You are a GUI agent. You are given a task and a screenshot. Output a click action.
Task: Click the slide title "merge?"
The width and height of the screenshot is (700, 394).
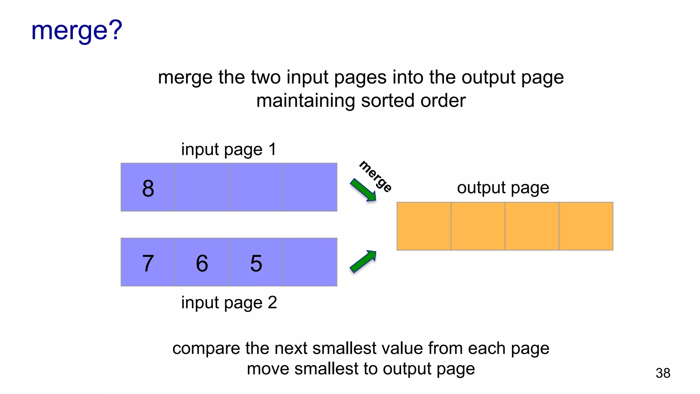coord(77,31)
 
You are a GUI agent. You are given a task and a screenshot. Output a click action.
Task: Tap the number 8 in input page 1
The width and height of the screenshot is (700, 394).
coord(148,188)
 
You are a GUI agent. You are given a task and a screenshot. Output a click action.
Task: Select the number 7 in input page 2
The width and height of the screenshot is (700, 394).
coord(148,263)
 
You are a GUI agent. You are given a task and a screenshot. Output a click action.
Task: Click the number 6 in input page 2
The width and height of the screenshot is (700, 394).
coord(202,263)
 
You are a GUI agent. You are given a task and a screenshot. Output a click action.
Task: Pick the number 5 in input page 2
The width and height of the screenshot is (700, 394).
coord(256,263)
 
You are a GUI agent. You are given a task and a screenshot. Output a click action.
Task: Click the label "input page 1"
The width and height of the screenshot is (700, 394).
coord(229,149)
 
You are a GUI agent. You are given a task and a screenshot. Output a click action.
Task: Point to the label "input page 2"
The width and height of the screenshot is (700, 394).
coord(229,302)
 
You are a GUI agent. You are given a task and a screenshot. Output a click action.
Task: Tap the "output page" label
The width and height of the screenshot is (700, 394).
coord(503,187)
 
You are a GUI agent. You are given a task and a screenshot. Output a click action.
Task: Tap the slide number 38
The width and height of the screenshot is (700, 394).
coord(663,373)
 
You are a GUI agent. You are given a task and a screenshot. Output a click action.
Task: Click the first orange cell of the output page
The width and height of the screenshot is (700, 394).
coord(424,226)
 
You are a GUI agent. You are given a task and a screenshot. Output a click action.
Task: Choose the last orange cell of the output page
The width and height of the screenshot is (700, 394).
coord(586,226)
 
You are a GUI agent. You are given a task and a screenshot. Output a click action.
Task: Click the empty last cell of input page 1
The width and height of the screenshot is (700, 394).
coord(310,187)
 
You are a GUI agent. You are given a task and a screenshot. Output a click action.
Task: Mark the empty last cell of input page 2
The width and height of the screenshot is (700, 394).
coord(310,262)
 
